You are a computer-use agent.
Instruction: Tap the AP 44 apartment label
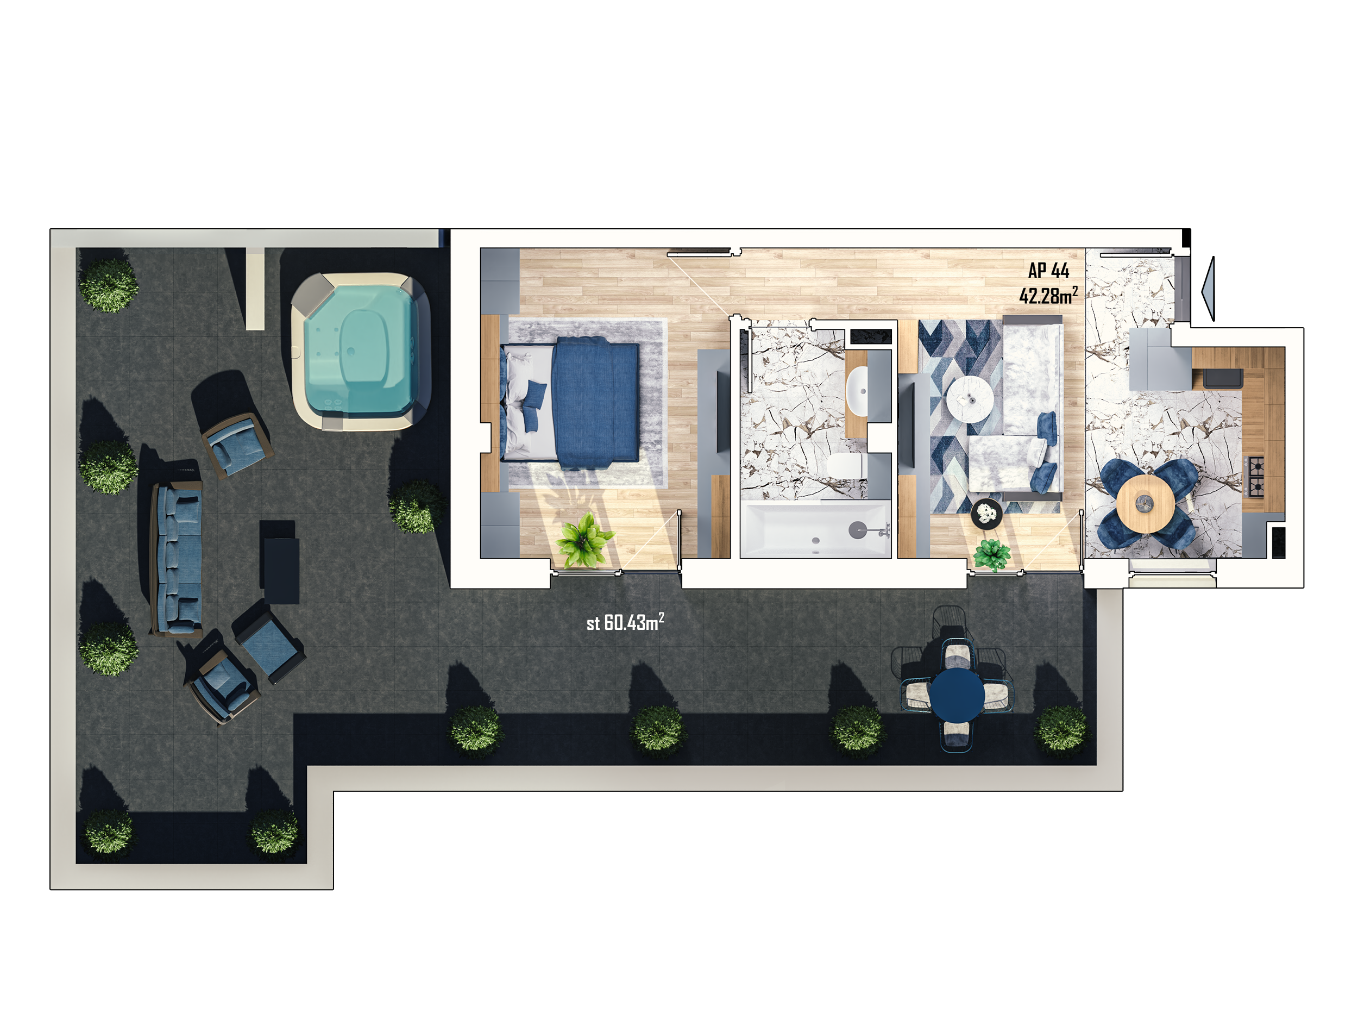pos(1048,270)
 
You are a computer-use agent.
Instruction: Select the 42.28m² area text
pos(1048,296)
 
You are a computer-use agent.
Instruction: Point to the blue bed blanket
pos(594,402)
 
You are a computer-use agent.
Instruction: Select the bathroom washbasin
pos(857,390)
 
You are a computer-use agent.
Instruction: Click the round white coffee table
pos(970,398)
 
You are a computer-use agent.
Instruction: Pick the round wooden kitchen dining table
pos(1145,504)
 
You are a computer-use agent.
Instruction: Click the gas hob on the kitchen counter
pos(1256,476)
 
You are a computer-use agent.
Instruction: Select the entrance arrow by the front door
pos(1208,289)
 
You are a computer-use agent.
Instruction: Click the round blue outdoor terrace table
pos(957,695)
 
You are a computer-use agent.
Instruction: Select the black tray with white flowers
pos(986,514)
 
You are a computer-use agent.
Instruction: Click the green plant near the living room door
pos(991,555)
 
